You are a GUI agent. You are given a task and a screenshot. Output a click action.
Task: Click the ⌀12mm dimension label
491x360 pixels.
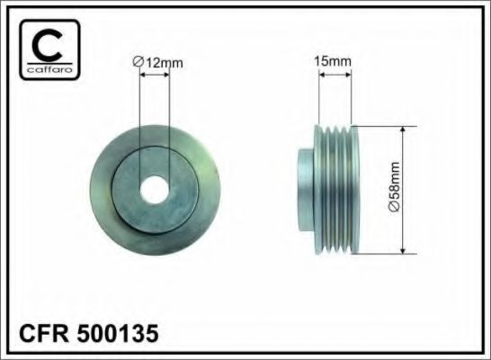coord(158,62)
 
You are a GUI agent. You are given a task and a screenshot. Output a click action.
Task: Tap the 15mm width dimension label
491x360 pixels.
coord(333,61)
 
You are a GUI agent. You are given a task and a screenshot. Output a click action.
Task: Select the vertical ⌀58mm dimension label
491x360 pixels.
coord(395,186)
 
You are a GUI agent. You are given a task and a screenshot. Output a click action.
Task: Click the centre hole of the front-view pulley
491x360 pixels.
coord(155,190)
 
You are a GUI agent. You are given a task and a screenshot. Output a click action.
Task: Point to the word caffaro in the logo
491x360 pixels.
coord(49,69)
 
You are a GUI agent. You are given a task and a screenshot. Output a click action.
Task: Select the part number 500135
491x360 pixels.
coord(118,333)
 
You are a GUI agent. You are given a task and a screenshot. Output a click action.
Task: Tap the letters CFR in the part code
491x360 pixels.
coord(44,333)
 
